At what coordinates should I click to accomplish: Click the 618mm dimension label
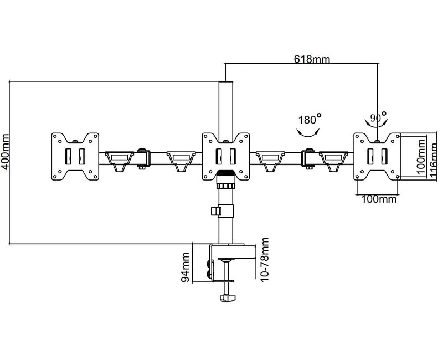click(311, 59)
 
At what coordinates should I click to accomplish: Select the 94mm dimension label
click(186, 267)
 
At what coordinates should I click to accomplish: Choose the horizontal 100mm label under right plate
click(379, 199)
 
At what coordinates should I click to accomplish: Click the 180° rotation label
click(309, 119)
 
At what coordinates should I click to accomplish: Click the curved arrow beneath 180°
click(308, 132)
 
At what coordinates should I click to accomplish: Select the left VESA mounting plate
click(75, 156)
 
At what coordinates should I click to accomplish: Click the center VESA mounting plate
click(225, 156)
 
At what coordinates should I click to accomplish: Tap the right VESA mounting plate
click(377, 156)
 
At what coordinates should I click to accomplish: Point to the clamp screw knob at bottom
click(227, 299)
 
